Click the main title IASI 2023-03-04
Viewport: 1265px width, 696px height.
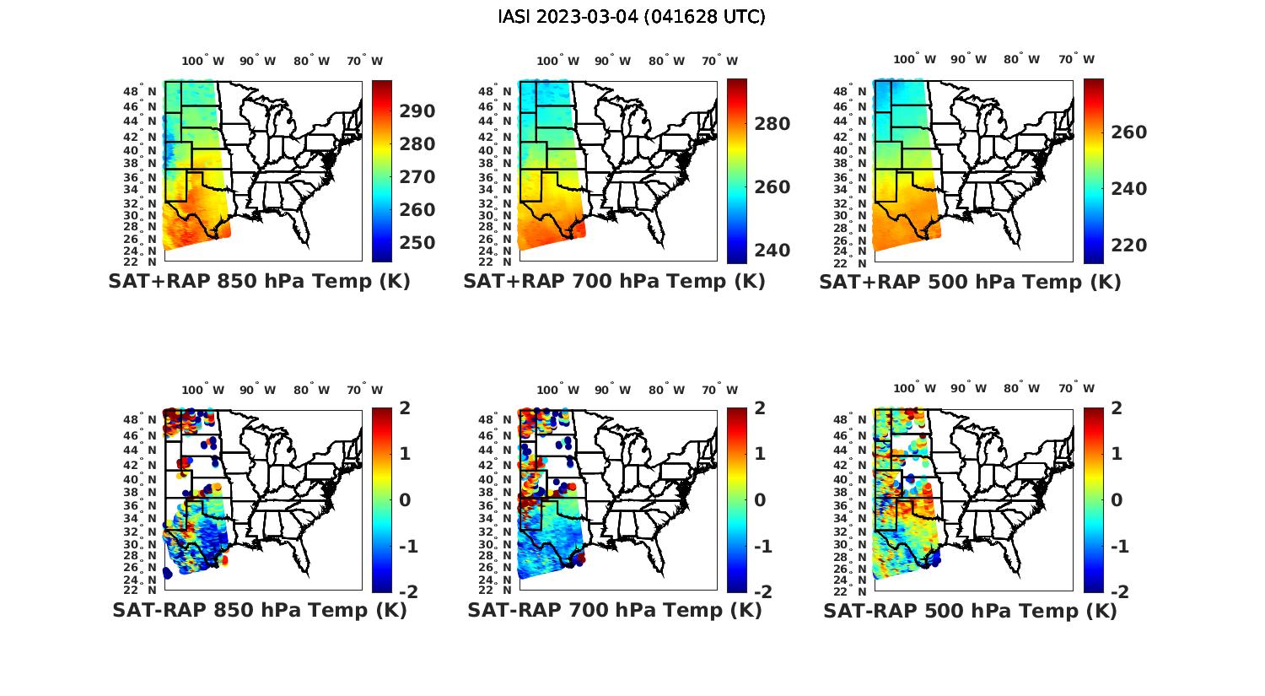[x=632, y=17]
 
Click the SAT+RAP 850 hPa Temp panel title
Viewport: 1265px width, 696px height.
[x=259, y=282]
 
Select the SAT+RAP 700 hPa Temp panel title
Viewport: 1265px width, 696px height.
[x=614, y=282]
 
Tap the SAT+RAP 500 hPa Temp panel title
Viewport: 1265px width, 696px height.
[x=970, y=283]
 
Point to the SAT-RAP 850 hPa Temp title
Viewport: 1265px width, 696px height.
[x=260, y=610]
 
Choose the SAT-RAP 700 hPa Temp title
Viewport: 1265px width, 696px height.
[x=615, y=610]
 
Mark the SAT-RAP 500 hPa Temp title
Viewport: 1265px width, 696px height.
[x=970, y=611]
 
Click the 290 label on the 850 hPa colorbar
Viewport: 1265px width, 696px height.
[x=417, y=111]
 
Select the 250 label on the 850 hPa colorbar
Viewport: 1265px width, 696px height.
[x=417, y=243]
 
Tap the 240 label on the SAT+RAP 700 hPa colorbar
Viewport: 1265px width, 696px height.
[x=772, y=251]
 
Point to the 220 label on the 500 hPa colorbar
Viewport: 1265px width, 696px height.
[x=1129, y=245]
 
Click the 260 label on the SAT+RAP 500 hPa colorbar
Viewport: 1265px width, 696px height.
[x=1129, y=132]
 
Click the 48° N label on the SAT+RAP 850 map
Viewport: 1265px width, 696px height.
[x=140, y=91]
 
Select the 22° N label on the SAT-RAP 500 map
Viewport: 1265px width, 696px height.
[x=852, y=590]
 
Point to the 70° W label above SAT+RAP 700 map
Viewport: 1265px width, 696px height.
[x=719, y=61]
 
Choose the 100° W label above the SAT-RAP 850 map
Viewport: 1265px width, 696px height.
[x=202, y=390]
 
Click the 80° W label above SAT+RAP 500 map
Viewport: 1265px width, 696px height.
[x=1020, y=59]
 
